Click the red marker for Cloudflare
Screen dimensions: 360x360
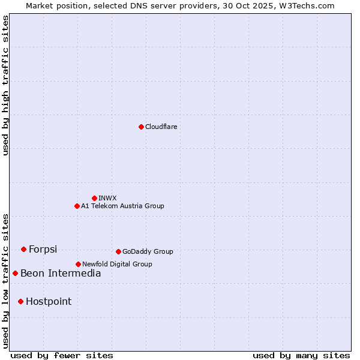(x=141, y=127)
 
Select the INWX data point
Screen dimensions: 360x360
(x=94, y=198)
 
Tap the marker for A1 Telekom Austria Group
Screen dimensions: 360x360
(x=77, y=206)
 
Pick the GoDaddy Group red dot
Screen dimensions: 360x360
(x=118, y=251)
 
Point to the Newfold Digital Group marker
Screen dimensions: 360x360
(x=78, y=264)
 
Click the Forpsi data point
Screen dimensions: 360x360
(x=23, y=249)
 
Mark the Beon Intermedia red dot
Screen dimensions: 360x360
(x=15, y=273)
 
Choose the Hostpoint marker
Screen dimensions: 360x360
(x=20, y=301)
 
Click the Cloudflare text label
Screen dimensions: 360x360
(x=161, y=127)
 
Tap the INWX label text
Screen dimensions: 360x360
(x=107, y=198)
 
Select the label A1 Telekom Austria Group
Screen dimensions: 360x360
(x=122, y=206)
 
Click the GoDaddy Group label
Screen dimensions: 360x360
(x=148, y=251)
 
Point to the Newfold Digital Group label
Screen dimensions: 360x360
(x=117, y=264)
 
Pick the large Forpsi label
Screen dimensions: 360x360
(x=43, y=249)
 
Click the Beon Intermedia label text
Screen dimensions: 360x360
(x=61, y=273)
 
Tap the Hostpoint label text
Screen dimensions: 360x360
(x=49, y=301)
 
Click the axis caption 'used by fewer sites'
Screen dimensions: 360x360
(x=62, y=355)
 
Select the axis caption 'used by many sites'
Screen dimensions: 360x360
(x=301, y=355)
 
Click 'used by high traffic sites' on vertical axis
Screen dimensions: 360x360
(x=5, y=85)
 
